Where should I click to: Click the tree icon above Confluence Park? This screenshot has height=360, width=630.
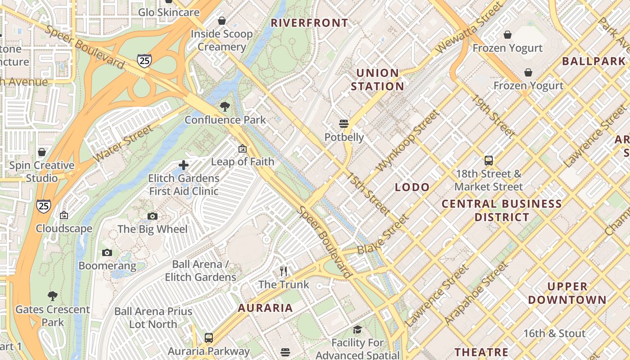225,107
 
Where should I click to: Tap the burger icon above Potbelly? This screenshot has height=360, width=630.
344,124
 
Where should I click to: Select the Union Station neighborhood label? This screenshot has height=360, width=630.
377,80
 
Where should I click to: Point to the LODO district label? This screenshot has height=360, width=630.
412,187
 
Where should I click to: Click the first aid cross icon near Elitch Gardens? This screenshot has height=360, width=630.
184,165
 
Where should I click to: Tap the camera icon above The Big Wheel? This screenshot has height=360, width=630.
153,216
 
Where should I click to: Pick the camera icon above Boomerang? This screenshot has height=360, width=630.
107,253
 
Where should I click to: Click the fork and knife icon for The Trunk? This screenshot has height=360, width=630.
283,271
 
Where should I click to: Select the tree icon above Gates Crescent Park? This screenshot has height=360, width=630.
53,296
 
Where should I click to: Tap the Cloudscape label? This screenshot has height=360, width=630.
64,229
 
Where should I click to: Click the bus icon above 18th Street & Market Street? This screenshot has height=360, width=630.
489,161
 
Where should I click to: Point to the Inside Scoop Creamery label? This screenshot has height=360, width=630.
222,40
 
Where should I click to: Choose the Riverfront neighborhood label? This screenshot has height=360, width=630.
310,23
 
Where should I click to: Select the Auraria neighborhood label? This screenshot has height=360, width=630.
265,308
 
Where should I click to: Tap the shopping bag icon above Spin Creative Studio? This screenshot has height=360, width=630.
42,153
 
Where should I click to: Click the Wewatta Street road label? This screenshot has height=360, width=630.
469,27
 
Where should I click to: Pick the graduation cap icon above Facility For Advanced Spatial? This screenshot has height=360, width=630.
357,330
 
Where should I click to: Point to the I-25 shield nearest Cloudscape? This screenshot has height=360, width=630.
44,206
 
